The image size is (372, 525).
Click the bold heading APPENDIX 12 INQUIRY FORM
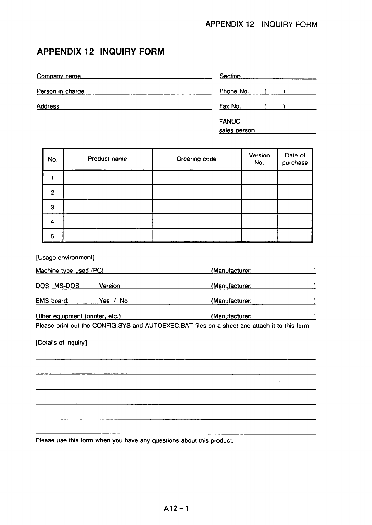coord(101,52)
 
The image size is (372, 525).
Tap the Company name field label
coord(59,76)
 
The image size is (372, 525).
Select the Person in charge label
coord(60,91)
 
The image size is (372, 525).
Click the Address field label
coord(48,106)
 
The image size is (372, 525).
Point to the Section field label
coord(230,76)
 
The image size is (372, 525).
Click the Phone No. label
coord(234,91)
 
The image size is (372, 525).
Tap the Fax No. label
coord(230,106)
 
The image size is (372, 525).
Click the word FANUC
coord(230,121)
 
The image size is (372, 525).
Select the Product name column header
coord(107,159)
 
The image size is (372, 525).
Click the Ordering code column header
coord(196,159)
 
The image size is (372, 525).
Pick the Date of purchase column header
coord(295,159)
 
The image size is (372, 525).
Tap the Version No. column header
coord(259,159)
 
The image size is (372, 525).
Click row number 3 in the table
coord(52,207)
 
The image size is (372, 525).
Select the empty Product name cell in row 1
coord(108,178)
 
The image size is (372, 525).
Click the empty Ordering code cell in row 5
coord(196,236)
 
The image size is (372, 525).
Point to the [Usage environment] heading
coord(65,258)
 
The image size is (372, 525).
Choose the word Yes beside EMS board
coord(104,301)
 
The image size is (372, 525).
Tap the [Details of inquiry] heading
coord(61,343)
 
